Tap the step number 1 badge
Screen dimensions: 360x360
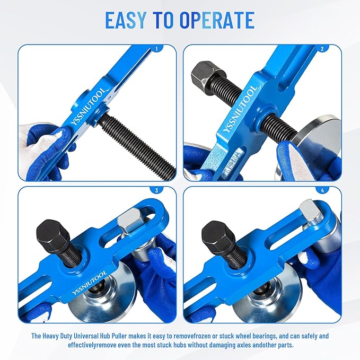156,49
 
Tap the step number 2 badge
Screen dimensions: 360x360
321,49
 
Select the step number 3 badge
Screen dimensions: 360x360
156,190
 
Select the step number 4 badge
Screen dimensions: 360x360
321,190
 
